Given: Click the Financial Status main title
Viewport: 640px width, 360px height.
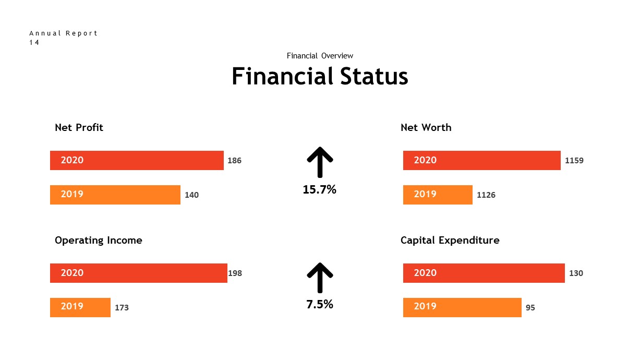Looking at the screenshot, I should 320,77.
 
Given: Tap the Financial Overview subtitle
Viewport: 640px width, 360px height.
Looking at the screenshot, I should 320,56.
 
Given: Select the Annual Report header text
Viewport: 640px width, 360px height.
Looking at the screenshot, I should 63,33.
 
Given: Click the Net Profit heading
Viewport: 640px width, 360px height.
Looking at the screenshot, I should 79,127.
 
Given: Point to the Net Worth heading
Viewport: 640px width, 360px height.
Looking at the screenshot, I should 426,127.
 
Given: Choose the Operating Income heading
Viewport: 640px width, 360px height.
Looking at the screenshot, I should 98,240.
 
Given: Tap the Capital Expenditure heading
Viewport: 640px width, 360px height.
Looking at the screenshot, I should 450,240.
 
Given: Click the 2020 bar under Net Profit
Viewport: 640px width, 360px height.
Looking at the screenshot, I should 137,160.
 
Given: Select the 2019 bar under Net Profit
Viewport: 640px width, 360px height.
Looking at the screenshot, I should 115,195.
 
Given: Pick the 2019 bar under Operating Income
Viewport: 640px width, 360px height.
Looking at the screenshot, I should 80,307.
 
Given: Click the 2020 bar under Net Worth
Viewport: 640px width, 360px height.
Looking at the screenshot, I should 481,160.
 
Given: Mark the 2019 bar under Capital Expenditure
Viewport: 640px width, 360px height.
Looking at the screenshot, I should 462,307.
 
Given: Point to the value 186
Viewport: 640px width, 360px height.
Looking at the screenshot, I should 234,161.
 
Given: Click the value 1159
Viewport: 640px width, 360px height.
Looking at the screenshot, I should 574,161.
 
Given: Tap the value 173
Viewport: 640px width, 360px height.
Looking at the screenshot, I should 122,308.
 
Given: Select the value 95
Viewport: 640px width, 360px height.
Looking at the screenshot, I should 530,308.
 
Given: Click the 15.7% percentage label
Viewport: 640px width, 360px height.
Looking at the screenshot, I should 319,190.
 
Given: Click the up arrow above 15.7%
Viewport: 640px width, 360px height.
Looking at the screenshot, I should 319,162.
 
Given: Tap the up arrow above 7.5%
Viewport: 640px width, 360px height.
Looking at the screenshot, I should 319,277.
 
